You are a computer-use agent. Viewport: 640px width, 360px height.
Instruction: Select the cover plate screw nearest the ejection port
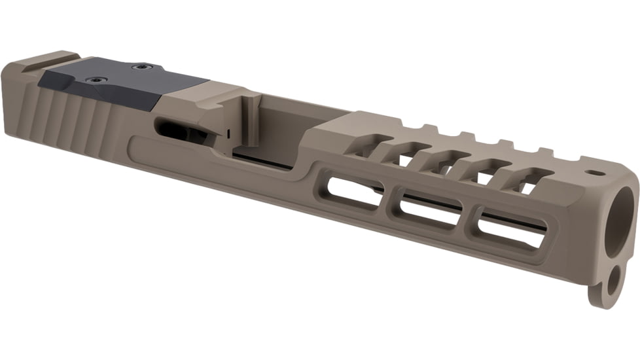pyautogui.click(x=141, y=66)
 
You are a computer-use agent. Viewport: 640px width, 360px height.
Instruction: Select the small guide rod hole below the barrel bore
pyautogui.click(x=613, y=283)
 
